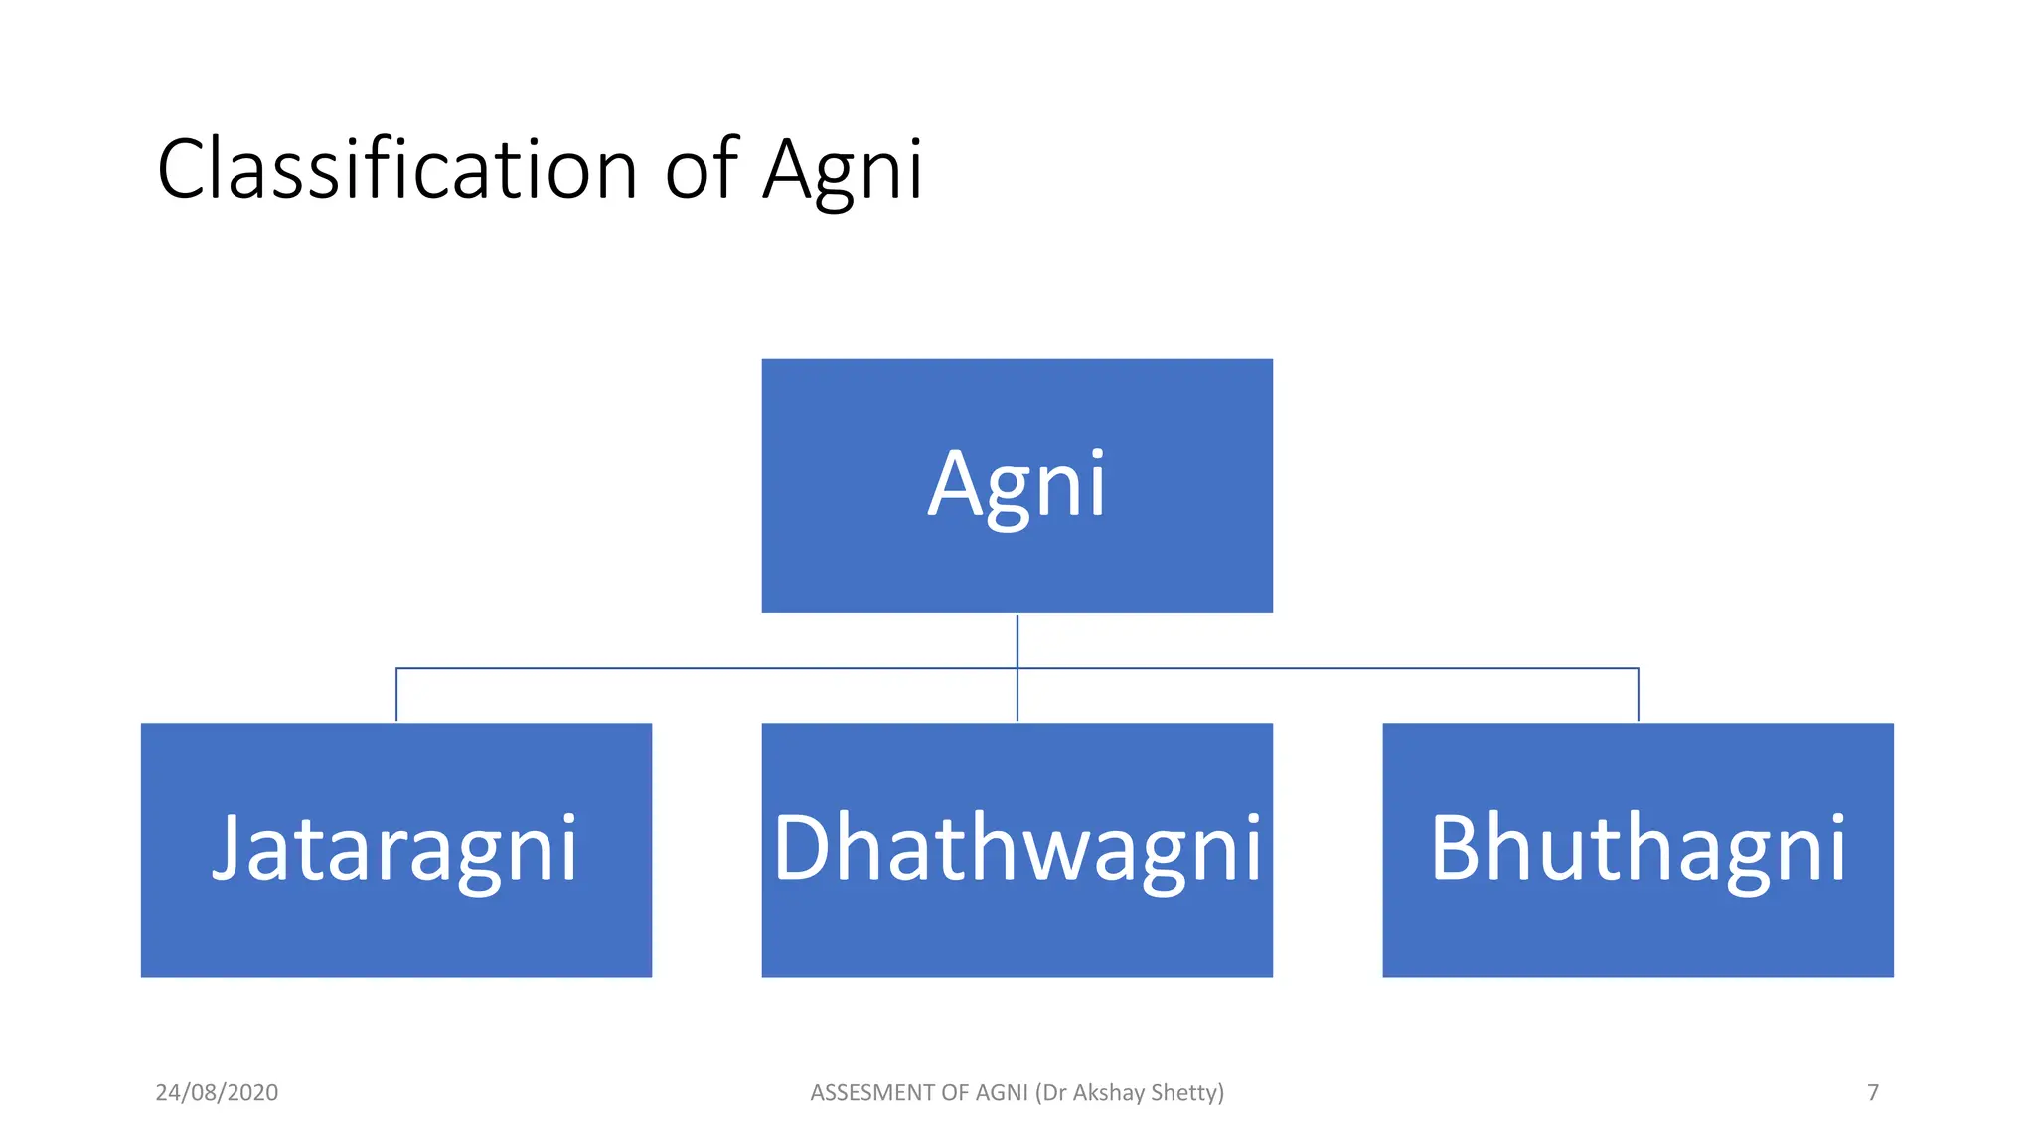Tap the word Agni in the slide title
[843, 171]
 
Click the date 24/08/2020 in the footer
[217, 1092]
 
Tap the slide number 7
[1873, 1092]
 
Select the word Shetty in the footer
[1186, 1092]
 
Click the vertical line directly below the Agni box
[1017, 641]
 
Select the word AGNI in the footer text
[1002, 1092]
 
